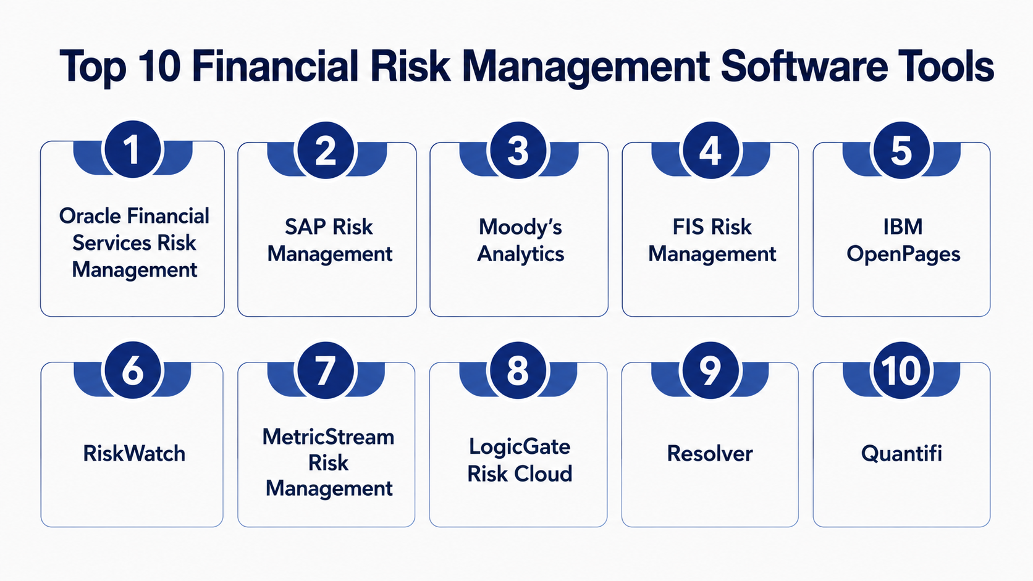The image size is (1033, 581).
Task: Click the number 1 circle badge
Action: (133, 149)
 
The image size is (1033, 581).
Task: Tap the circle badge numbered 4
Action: (710, 150)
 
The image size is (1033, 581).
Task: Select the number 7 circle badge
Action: (326, 370)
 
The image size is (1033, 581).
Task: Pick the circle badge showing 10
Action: (901, 370)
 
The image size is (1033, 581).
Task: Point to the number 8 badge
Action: (518, 370)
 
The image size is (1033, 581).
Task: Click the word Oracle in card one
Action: (90, 215)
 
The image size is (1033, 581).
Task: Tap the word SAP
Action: (305, 227)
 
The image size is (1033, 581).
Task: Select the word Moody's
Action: (520, 227)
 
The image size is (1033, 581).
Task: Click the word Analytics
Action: (520, 254)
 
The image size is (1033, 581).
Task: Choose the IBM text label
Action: (903, 227)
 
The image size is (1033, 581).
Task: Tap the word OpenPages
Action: (903, 254)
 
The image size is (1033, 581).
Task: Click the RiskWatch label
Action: (134, 453)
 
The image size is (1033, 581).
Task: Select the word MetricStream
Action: (328, 437)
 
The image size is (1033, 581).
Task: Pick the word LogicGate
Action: (520, 447)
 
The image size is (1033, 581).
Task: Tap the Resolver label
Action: (710, 453)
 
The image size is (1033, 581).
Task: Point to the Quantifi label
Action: (901, 453)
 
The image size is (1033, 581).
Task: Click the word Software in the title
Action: (803, 66)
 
